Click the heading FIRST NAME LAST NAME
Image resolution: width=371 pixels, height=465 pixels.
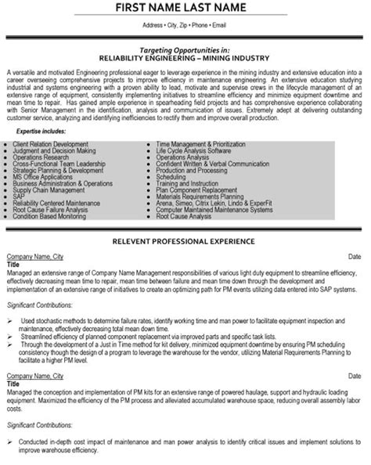(185, 9)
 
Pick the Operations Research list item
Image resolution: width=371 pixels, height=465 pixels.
(52, 135)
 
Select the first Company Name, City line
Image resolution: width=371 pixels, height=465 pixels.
(34, 235)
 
